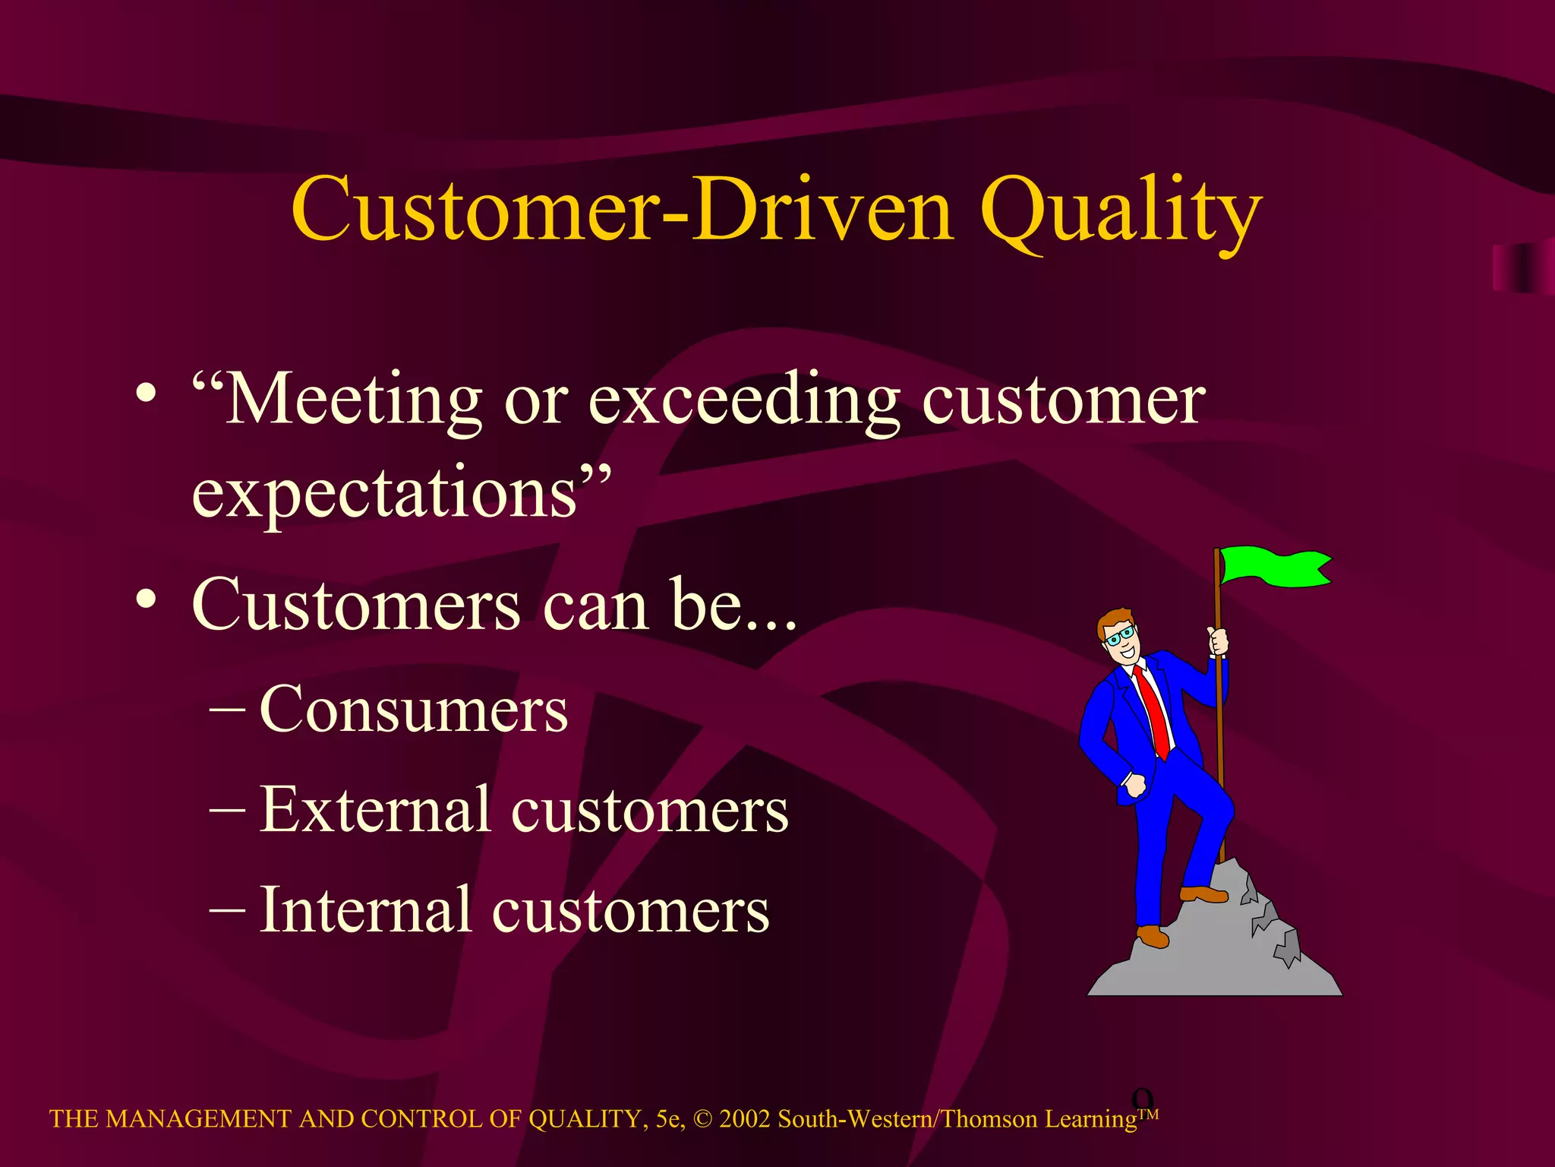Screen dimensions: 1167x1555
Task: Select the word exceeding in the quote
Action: coord(744,401)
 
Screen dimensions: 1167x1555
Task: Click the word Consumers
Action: coord(414,710)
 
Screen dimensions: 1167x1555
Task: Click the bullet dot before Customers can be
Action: coord(147,599)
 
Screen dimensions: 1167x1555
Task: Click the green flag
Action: coord(1276,567)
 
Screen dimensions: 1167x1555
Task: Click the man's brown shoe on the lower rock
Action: coord(1152,935)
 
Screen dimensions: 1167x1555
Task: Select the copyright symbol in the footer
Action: coord(702,1119)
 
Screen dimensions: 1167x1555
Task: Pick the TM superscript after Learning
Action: coord(1148,1114)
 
